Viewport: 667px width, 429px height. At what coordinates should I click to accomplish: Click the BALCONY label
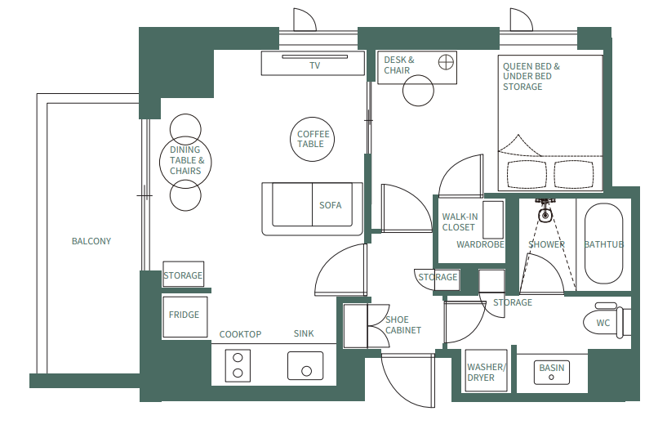click(91, 241)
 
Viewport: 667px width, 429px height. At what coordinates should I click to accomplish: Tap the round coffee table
click(313, 139)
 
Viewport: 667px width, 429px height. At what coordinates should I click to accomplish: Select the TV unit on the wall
click(313, 64)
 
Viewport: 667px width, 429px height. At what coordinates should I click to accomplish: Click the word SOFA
click(330, 205)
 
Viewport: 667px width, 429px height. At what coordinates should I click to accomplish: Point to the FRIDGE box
click(184, 315)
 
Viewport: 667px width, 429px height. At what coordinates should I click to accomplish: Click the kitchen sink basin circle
click(306, 370)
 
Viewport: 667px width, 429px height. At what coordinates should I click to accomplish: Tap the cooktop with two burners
click(238, 364)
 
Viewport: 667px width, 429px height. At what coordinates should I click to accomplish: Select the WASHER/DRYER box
click(486, 372)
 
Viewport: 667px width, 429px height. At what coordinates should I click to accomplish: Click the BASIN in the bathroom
click(552, 369)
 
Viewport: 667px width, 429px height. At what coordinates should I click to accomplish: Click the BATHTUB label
click(604, 244)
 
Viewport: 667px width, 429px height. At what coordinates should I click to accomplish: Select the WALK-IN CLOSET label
click(459, 221)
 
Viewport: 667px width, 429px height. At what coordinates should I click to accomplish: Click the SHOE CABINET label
click(403, 324)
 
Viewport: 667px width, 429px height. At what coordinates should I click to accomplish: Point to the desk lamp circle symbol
click(445, 61)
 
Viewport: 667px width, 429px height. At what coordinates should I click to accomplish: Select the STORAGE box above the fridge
click(183, 275)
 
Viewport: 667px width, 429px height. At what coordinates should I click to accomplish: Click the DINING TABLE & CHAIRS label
click(185, 160)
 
